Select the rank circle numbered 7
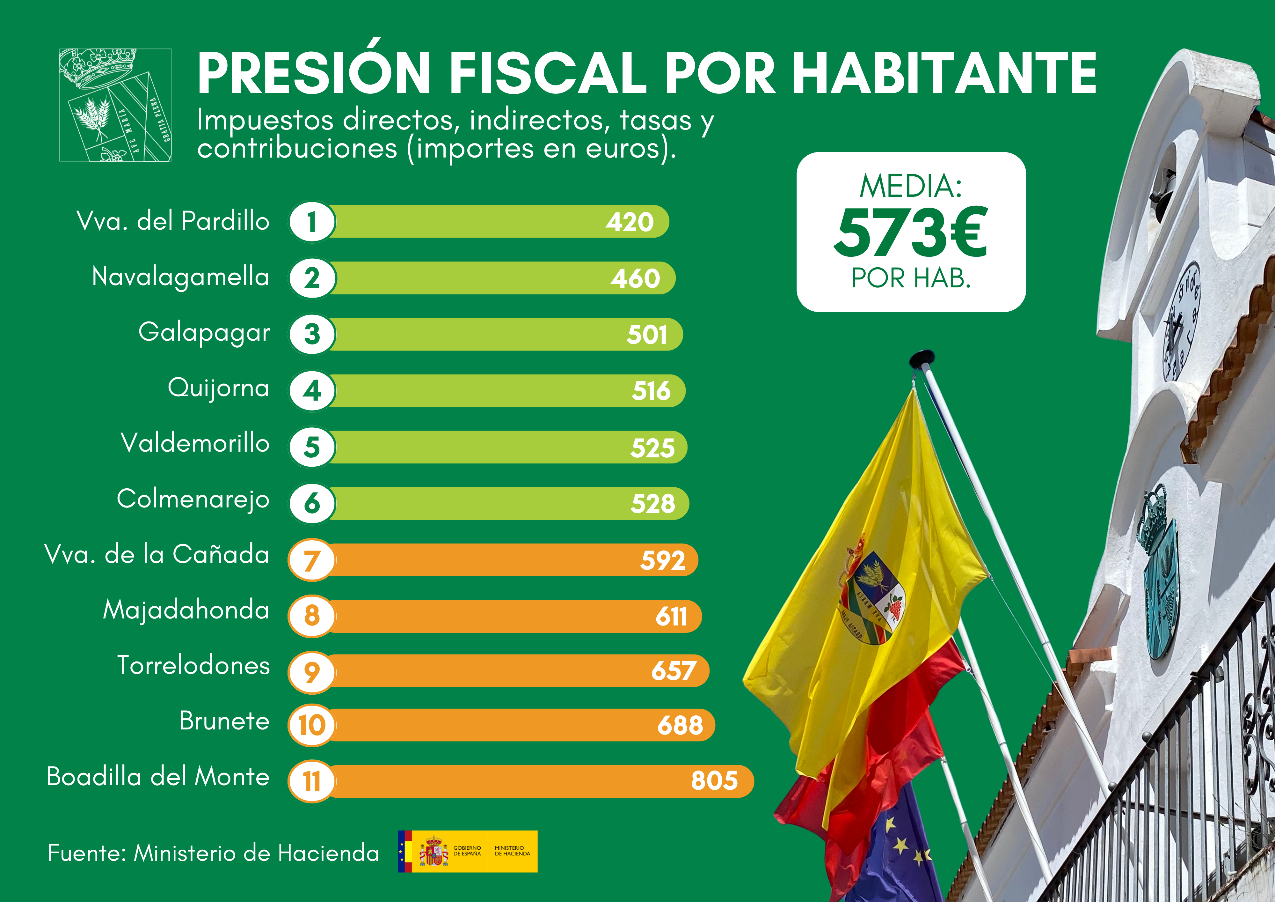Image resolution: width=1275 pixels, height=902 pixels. tap(311, 560)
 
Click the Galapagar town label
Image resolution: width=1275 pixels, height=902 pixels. tap(204, 332)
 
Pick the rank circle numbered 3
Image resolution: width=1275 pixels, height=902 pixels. tap(311, 335)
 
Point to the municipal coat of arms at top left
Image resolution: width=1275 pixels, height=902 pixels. tap(115, 105)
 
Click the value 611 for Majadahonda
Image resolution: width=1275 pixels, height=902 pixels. tap(671, 616)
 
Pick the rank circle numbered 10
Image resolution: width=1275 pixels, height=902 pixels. tap(311, 725)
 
